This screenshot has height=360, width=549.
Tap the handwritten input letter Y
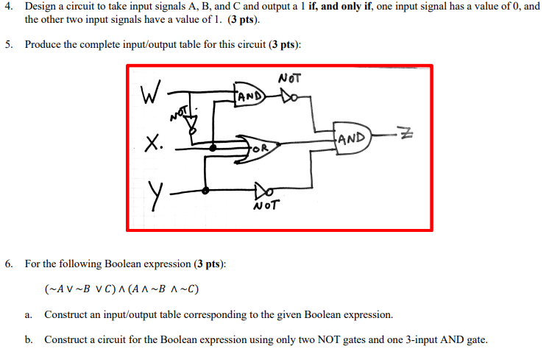coord(155,194)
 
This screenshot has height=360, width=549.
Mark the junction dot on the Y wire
coord(205,190)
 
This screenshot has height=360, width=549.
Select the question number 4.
coord(7,6)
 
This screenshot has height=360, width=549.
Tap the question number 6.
coord(7,263)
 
